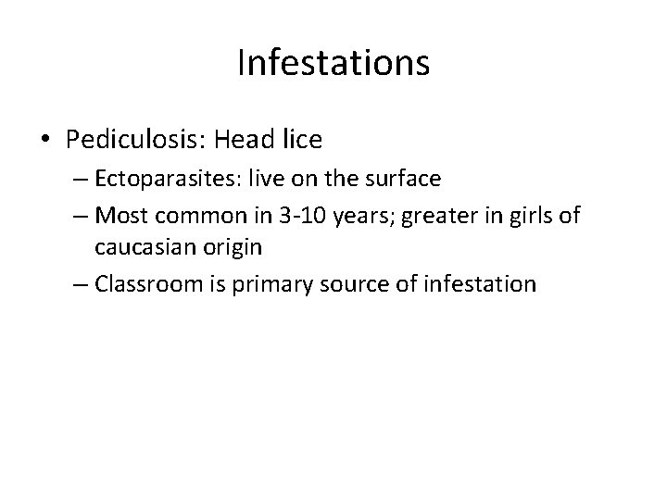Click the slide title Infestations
click(x=333, y=63)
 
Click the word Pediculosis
click(x=131, y=140)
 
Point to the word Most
click(x=117, y=217)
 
